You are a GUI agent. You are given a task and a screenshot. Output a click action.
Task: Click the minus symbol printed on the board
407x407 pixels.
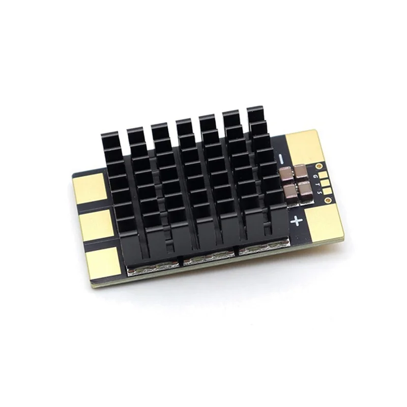tap(281, 159)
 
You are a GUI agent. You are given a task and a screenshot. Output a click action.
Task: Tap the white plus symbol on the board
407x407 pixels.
tap(296, 221)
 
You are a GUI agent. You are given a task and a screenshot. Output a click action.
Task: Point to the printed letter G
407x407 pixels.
tap(314, 176)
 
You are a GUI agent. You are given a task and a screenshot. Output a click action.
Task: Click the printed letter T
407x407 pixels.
tap(318, 184)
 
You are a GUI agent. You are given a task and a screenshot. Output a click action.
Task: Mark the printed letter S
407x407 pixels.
tap(320, 192)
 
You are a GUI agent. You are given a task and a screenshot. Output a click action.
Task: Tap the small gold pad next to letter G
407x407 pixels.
tap(323, 175)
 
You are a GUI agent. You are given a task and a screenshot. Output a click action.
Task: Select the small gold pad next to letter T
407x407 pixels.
tap(325, 183)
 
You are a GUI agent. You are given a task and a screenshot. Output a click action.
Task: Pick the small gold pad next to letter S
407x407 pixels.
tap(327, 191)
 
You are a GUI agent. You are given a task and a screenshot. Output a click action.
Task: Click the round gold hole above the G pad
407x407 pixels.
tap(319, 166)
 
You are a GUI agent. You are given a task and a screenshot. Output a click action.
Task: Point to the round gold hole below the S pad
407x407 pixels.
tap(328, 200)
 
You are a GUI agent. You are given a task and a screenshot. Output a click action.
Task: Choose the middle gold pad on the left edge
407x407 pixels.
tap(97, 225)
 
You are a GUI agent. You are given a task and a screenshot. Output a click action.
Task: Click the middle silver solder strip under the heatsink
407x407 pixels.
tap(208, 258)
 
